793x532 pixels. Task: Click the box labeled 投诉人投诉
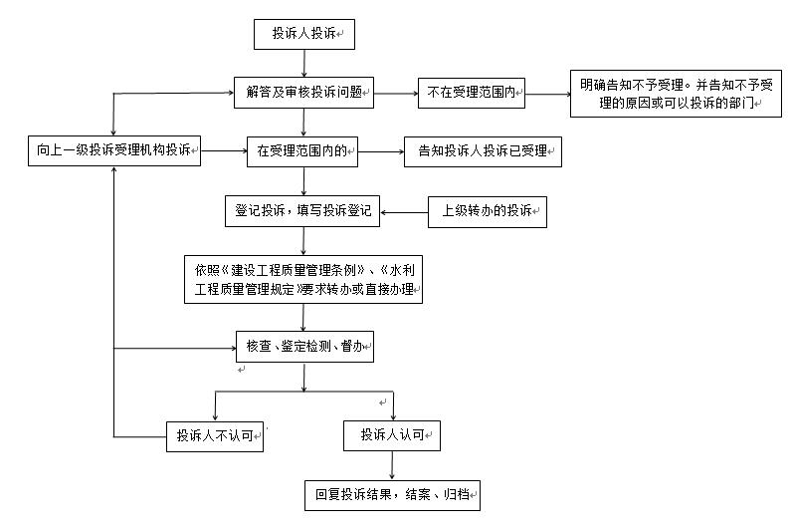[303, 35]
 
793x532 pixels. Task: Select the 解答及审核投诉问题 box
[303, 93]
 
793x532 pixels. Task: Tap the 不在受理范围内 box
[472, 93]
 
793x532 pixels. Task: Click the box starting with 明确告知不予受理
[676, 94]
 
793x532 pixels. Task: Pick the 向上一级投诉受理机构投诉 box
[114, 150]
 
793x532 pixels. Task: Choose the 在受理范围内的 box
[301, 151]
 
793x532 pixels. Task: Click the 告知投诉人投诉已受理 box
[483, 151]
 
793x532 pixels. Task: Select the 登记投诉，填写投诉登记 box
[301, 211]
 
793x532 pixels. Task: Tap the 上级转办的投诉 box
[487, 212]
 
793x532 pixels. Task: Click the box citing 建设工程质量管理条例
[302, 279]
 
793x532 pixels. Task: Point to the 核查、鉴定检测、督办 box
[304, 347]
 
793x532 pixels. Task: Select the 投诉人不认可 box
[215, 436]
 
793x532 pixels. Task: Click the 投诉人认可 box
[391, 435]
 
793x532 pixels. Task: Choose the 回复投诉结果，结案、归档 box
[392, 495]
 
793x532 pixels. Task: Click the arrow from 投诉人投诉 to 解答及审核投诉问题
[303, 64]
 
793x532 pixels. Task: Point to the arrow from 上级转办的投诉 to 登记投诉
[404, 212]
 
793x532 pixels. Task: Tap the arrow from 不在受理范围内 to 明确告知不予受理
[547, 95]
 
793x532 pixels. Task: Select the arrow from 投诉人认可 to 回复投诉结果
[392, 465]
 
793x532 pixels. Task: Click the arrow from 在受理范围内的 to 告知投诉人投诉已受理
[381, 151]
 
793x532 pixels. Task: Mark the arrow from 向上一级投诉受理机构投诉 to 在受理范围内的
[224, 150]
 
